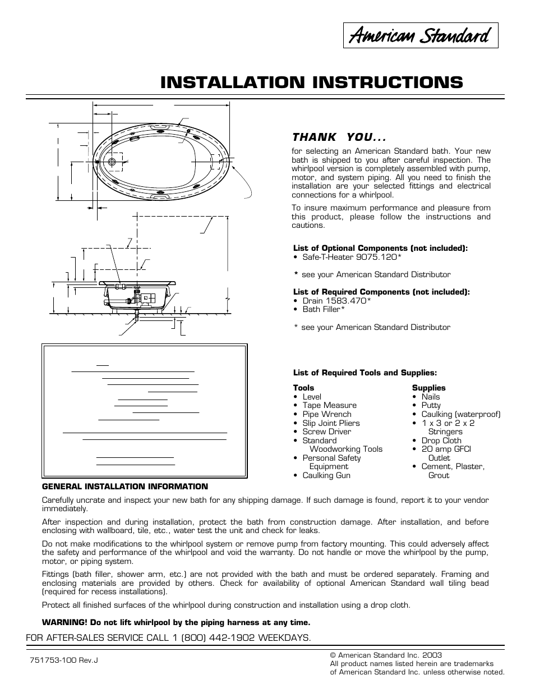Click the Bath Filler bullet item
click(323, 309)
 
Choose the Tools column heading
click(303, 388)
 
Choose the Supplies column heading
click(428, 388)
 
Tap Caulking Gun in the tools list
click(326, 475)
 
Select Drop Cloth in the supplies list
click(441, 440)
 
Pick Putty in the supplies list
click(431, 405)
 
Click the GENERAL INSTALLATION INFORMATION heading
click(125, 487)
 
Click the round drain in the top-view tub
click(112, 162)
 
